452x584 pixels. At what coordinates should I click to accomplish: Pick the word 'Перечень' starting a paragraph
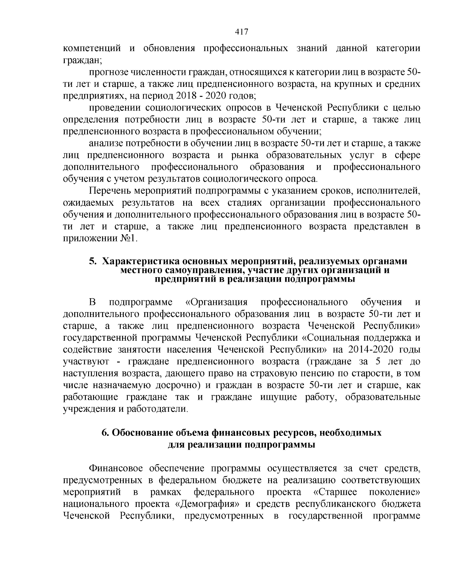click(x=111, y=191)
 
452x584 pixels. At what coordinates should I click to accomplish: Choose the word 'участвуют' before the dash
click(x=86, y=362)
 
